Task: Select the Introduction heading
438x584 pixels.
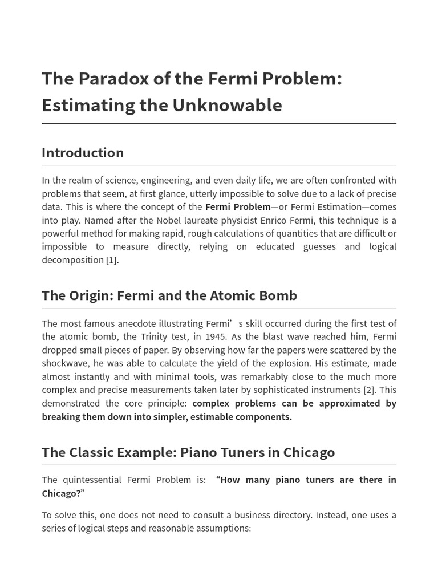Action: pyautogui.click(x=83, y=153)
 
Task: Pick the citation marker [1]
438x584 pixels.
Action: pyautogui.click(x=112, y=260)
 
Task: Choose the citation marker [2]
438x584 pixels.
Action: pyautogui.click(x=369, y=390)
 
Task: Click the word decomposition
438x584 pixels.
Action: pyautogui.click(x=73, y=260)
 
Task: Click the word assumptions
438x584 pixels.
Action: pyautogui.click(x=223, y=528)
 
